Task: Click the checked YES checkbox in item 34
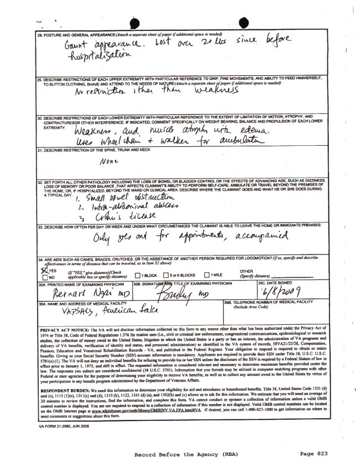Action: click(42, 270)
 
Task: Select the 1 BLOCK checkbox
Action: click(139, 275)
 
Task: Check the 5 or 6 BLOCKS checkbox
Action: click(166, 275)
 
